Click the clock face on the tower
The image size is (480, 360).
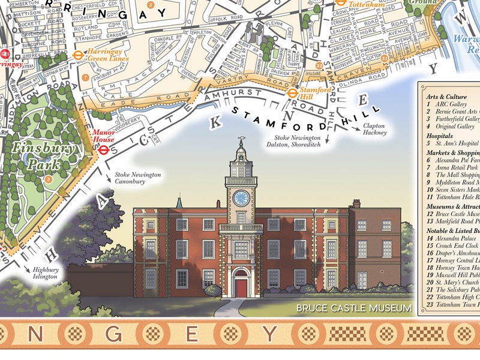pos(241,199)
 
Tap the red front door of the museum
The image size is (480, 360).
pos(241,286)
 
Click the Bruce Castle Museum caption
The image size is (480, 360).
pos(354,309)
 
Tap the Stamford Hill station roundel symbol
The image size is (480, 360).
pos(292,93)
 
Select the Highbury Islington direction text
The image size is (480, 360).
pos(45,273)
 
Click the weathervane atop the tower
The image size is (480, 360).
pos(241,142)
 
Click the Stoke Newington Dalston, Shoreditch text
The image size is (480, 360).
pos(295,141)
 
